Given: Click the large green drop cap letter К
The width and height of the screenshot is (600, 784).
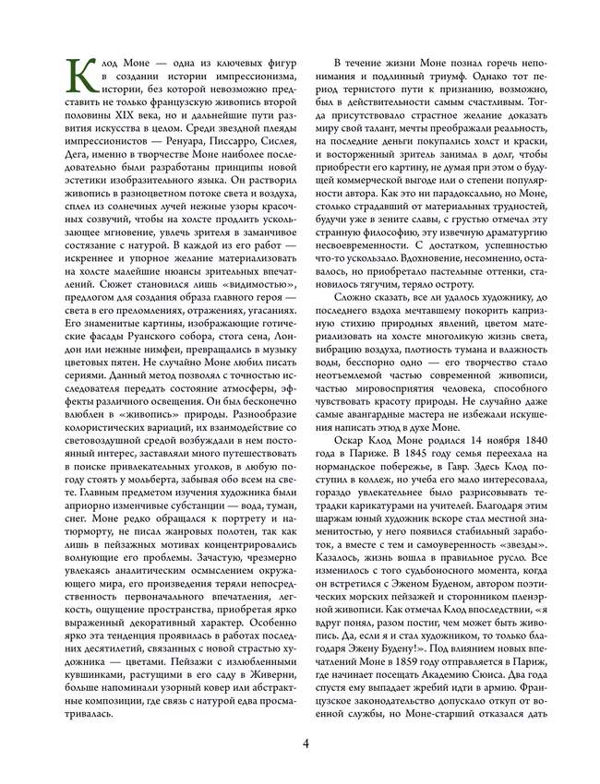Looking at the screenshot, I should [x=83, y=70].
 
